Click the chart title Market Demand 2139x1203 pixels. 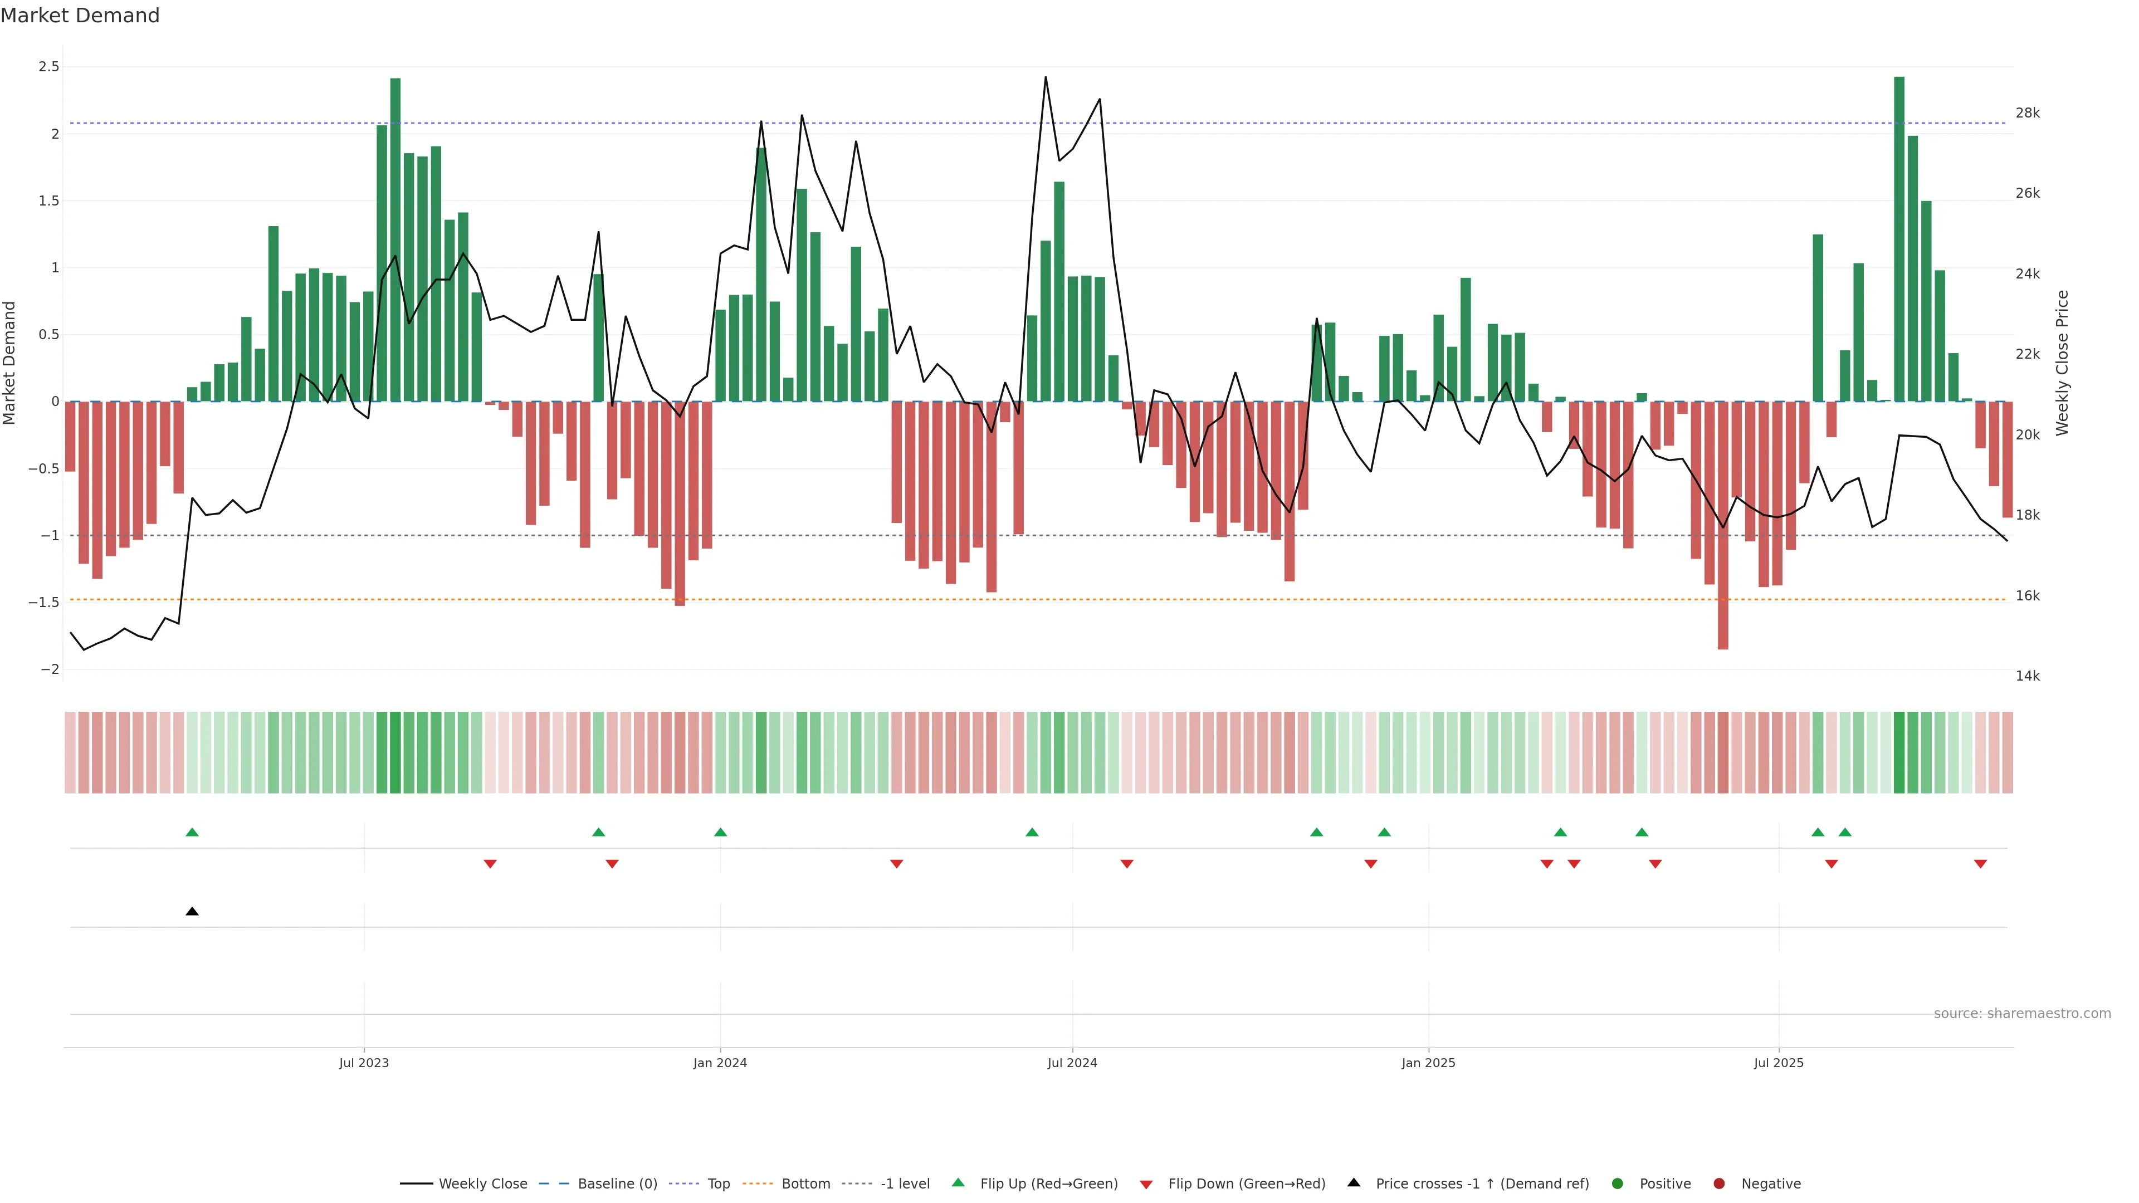pos(80,16)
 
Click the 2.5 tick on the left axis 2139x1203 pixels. pos(49,66)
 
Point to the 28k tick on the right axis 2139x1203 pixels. pos(2027,113)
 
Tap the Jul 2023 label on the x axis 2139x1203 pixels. pos(364,1063)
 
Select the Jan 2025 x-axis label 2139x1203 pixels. pos(1428,1063)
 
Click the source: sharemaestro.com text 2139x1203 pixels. pos(2022,1014)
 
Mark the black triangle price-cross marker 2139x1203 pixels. pos(192,912)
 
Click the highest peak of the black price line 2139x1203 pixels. pos(1046,78)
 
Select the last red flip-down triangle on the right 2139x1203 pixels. pos(1980,864)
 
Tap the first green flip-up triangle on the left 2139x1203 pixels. pos(192,832)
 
